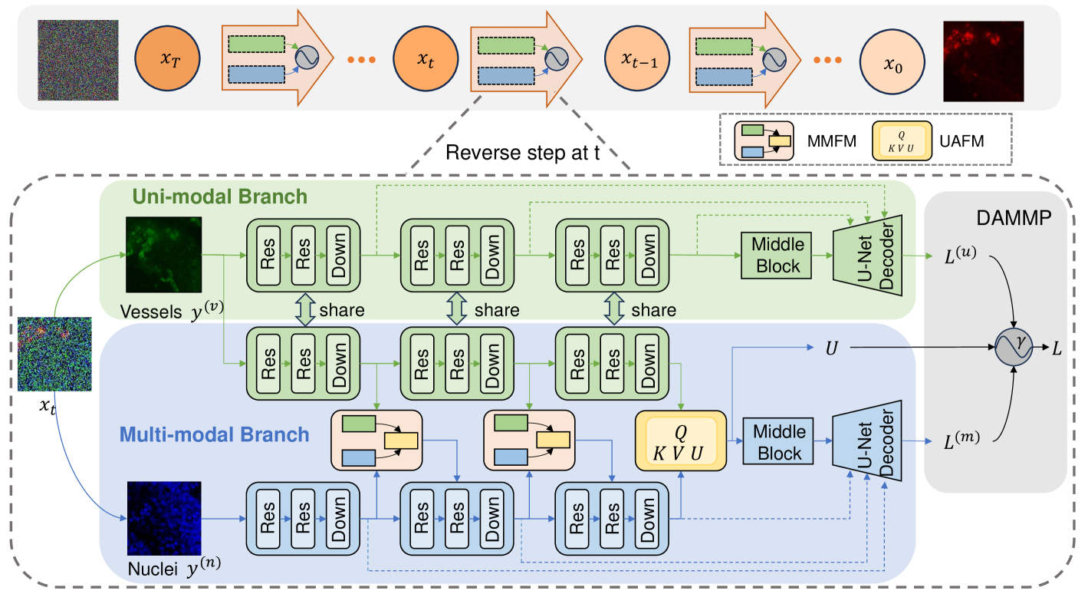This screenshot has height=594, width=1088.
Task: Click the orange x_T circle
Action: click(167, 60)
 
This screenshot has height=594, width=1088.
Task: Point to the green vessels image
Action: click(163, 254)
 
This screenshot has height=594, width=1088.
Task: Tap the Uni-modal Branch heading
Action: click(221, 196)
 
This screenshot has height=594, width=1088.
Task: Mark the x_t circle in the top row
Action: click(426, 60)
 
